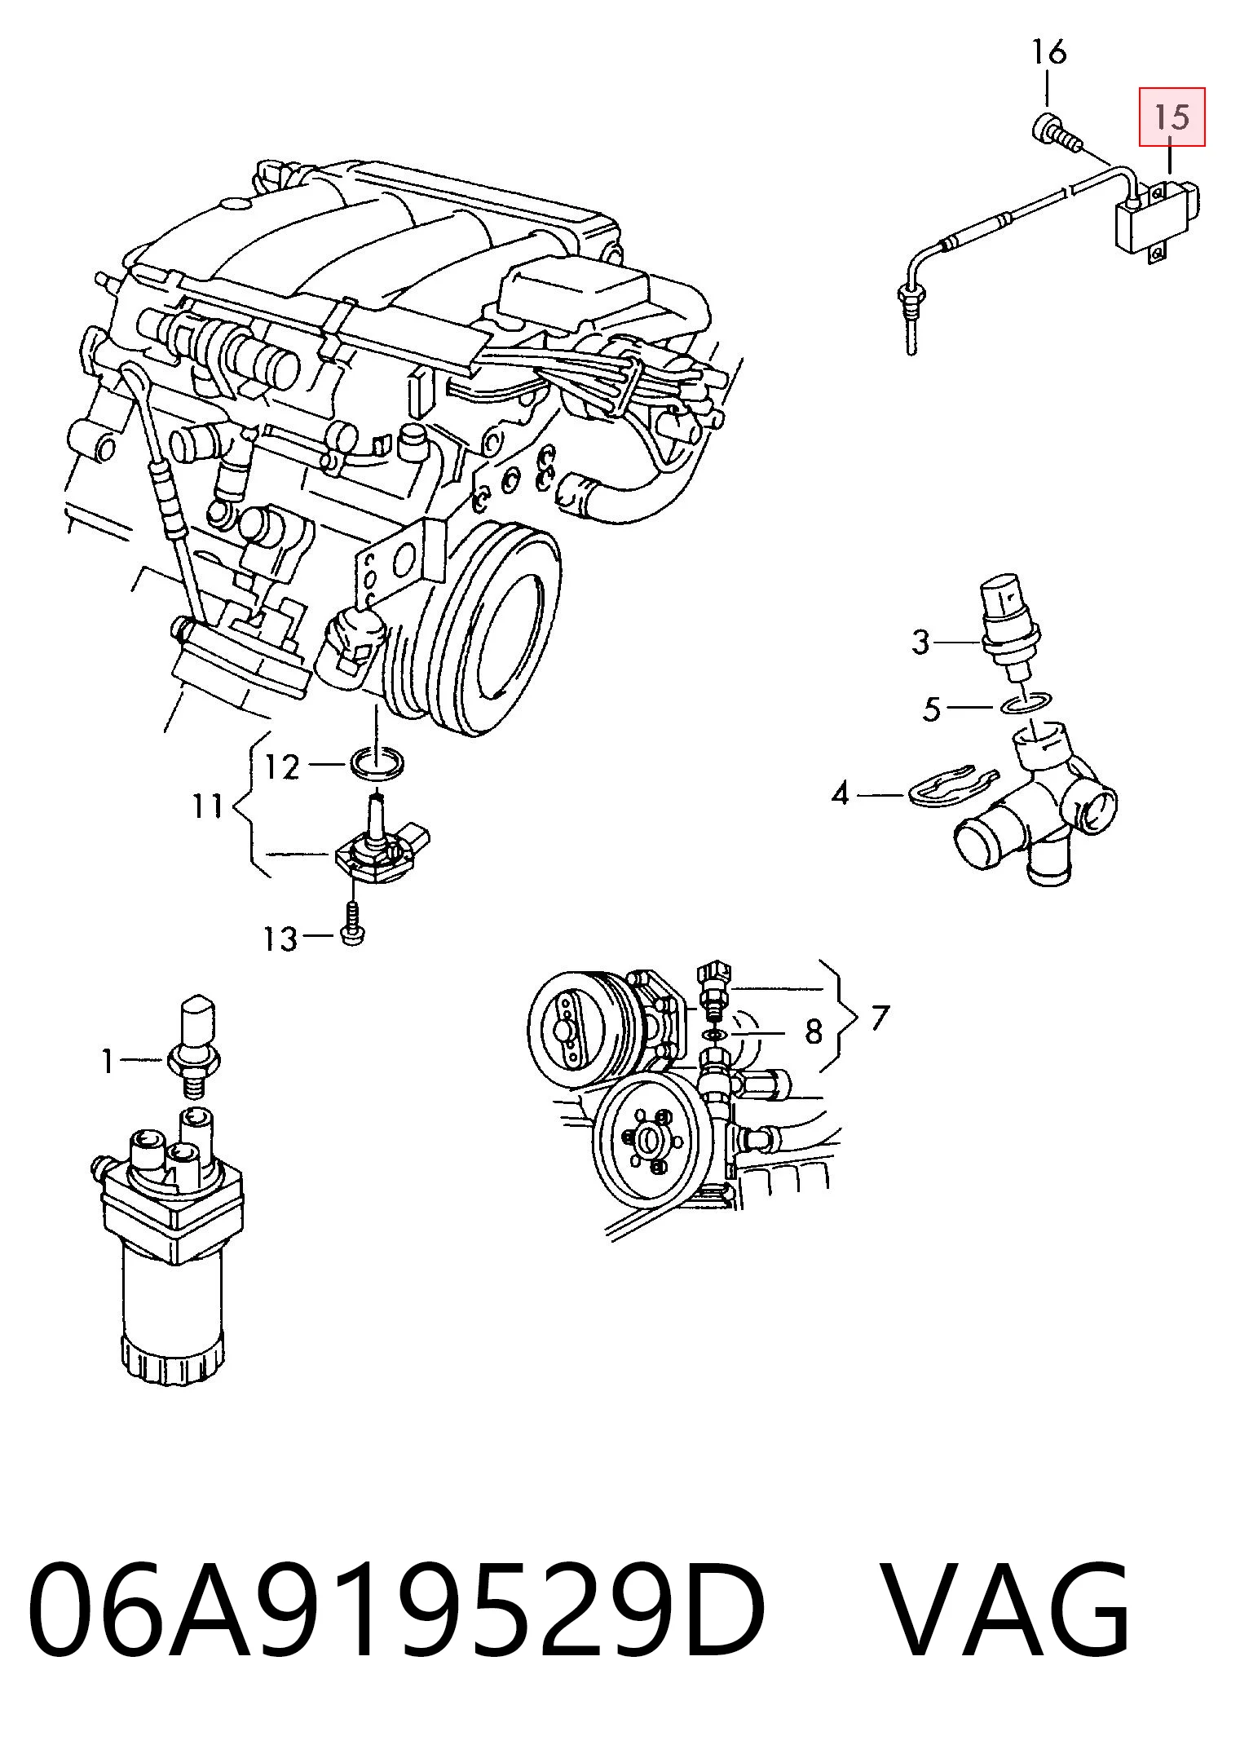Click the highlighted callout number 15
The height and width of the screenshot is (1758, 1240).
pyautogui.click(x=1172, y=117)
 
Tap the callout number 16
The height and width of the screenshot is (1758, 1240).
pyautogui.click(x=1048, y=53)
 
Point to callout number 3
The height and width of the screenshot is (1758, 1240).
pyautogui.click(x=921, y=643)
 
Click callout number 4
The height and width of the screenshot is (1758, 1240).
pyautogui.click(x=841, y=793)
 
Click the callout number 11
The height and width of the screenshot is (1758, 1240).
pyautogui.click(x=207, y=807)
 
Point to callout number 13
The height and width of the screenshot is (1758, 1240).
pyautogui.click(x=280, y=939)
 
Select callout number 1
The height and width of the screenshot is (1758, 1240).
pyautogui.click(x=108, y=1061)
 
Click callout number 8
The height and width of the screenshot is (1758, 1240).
pyautogui.click(x=814, y=1032)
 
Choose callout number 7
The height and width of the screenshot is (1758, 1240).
pyautogui.click(x=880, y=1017)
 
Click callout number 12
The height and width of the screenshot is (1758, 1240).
pyautogui.click(x=283, y=766)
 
